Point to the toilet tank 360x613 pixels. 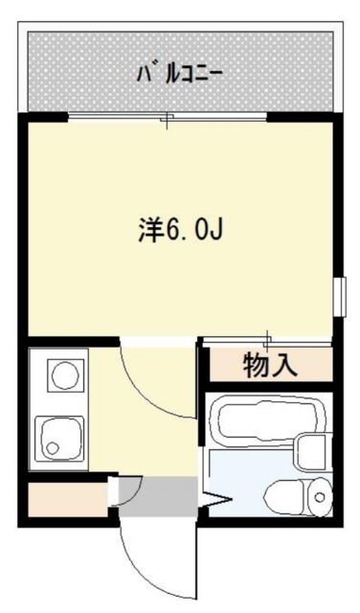point(318,495)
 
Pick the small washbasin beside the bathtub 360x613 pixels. point(312,450)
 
